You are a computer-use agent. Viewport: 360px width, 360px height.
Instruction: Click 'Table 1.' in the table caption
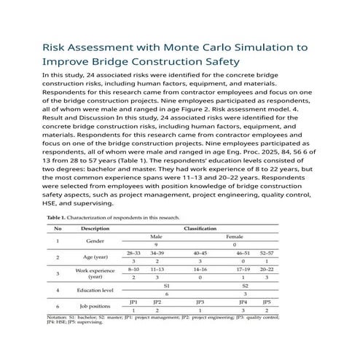point(60,218)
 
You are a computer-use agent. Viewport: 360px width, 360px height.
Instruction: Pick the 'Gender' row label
point(95,240)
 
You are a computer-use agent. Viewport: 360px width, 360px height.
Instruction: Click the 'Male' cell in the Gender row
point(156,237)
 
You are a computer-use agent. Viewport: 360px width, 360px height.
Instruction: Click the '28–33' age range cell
point(134,252)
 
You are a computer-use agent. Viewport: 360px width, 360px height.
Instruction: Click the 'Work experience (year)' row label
point(95,273)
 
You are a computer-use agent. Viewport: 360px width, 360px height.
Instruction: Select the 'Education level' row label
point(95,290)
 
